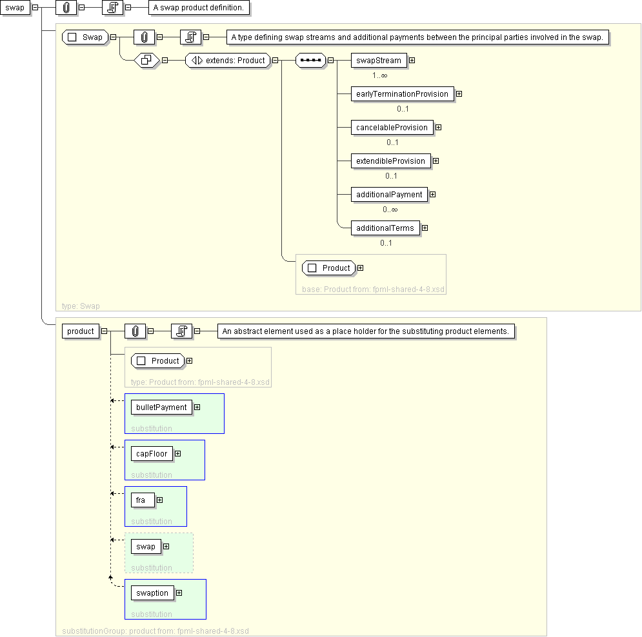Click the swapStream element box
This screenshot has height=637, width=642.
pyautogui.click(x=379, y=61)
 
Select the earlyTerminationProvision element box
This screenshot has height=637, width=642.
pyautogui.click(x=402, y=94)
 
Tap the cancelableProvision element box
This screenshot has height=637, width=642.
pyautogui.click(x=392, y=128)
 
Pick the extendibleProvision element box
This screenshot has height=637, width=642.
pyautogui.click(x=390, y=161)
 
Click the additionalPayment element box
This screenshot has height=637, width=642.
pyautogui.click(x=389, y=195)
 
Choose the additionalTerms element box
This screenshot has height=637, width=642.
pyautogui.click(x=385, y=228)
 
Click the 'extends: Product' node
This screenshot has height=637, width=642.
pyautogui.click(x=228, y=61)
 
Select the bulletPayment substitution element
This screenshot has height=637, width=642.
pyautogui.click(x=161, y=407)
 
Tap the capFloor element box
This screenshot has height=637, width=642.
pyautogui.click(x=152, y=454)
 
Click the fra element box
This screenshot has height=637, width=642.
pyautogui.click(x=141, y=500)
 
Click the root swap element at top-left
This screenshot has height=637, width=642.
pyautogui.click(x=14, y=8)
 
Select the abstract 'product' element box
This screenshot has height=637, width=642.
pyautogui.click(x=81, y=331)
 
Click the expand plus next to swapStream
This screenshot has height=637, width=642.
pyautogui.click(x=412, y=61)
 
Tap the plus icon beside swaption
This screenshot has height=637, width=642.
pyautogui.click(x=179, y=593)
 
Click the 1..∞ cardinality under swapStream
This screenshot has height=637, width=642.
pyautogui.click(x=379, y=75)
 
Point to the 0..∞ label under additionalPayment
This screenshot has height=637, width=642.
pyautogui.click(x=390, y=210)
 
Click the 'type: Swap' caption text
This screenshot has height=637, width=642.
pyautogui.click(x=81, y=306)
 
